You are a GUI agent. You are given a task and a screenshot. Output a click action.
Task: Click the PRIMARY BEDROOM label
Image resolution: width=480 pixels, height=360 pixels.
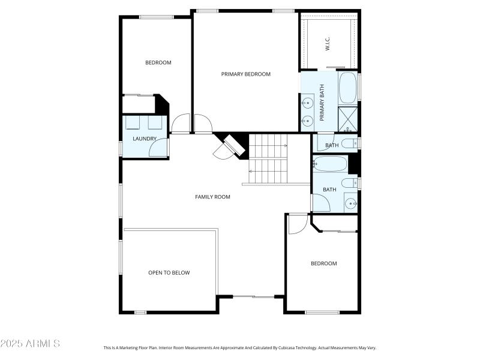[x=245, y=74]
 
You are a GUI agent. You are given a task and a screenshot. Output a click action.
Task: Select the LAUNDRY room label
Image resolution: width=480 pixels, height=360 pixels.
[x=145, y=139]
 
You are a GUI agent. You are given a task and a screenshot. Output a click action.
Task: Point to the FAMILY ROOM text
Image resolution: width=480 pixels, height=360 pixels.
[x=212, y=197]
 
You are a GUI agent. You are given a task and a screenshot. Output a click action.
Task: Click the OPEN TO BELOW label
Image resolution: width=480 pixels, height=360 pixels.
[x=169, y=273]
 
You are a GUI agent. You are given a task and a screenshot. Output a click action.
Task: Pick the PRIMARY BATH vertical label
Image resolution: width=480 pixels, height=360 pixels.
[x=322, y=102]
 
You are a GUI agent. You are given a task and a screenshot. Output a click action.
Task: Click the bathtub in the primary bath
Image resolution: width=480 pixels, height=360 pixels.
[x=347, y=88]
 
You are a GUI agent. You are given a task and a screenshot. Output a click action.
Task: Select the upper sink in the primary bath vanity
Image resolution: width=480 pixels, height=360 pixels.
[x=307, y=102]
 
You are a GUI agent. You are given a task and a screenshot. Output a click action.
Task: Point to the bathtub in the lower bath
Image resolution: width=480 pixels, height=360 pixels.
[x=330, y=164]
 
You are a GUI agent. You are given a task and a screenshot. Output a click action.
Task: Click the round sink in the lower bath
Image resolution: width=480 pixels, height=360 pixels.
[x=350, y=203]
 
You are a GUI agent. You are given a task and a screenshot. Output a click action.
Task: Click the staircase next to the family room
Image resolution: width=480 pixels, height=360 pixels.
[x=268, y=159]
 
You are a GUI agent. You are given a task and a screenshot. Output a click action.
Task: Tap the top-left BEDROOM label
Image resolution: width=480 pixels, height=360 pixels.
[x=158, y=63]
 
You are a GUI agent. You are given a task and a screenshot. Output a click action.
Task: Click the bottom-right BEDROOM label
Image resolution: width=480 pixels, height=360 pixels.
[x=323, y=263]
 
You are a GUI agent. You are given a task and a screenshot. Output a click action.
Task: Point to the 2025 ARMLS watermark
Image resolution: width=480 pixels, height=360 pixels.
[x=30, y=344]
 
